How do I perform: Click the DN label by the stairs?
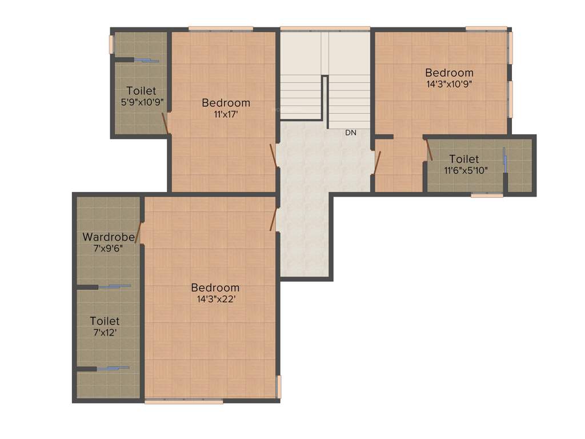(350, 133)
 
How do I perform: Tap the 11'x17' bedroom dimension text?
(226, 114)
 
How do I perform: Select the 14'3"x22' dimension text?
(215, 298)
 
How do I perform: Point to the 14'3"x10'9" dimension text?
(449, 83)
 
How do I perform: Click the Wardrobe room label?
(109, 237)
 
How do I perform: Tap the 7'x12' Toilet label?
(105, 321)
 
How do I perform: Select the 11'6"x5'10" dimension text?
(466, 170)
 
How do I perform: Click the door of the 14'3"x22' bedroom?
(273, 219)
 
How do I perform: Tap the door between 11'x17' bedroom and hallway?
(274, 155)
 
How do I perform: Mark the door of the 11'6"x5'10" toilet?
(429, 150)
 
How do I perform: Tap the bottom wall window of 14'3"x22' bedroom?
(183, 402)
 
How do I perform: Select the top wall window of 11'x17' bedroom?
(221, 29)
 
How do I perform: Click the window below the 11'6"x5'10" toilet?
(487, 195)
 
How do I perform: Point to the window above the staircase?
(324, 29)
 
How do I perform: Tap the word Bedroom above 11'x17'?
(226, 103)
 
